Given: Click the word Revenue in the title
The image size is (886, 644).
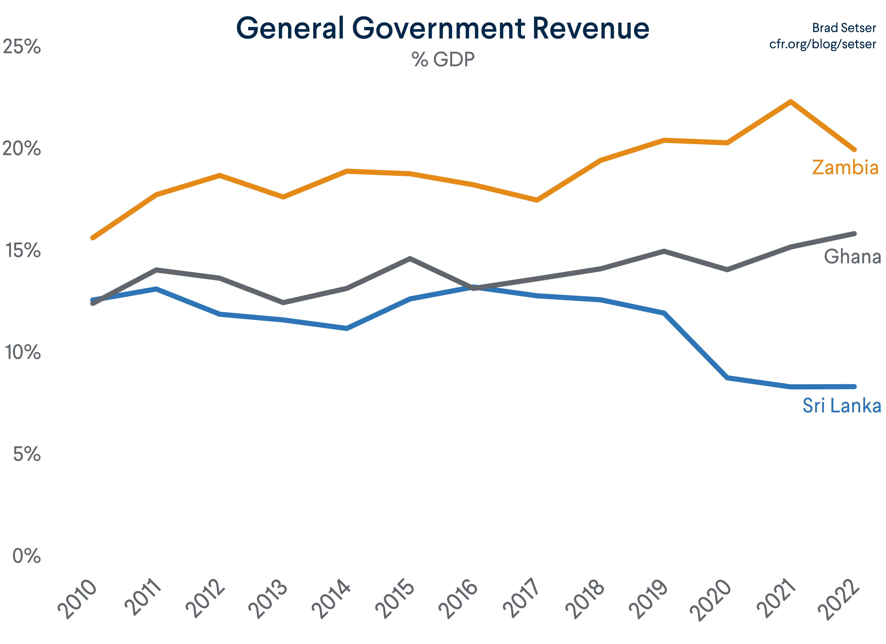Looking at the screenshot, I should coord(590,29).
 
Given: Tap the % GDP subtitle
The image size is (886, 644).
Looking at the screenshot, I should coord(443,60).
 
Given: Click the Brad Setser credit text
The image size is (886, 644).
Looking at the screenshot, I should coord(844,28).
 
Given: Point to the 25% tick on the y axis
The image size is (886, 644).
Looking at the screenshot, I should coord(22,47).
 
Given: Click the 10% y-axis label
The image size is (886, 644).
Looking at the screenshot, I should coord(22,352).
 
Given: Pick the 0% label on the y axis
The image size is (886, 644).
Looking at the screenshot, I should coord(26,556).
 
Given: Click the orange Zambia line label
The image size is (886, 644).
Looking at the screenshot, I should coord(845,167).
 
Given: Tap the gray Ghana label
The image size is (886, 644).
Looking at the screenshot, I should coord(852,257).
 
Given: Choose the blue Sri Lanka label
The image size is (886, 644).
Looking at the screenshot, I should coord(841,406).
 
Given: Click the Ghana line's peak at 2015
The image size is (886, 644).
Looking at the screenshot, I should coord(410,259).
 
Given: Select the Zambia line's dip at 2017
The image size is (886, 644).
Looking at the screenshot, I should coord(537,200).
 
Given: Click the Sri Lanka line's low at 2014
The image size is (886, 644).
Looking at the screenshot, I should coord(346,328).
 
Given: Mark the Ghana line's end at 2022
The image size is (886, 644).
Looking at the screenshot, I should coord(854,234).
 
